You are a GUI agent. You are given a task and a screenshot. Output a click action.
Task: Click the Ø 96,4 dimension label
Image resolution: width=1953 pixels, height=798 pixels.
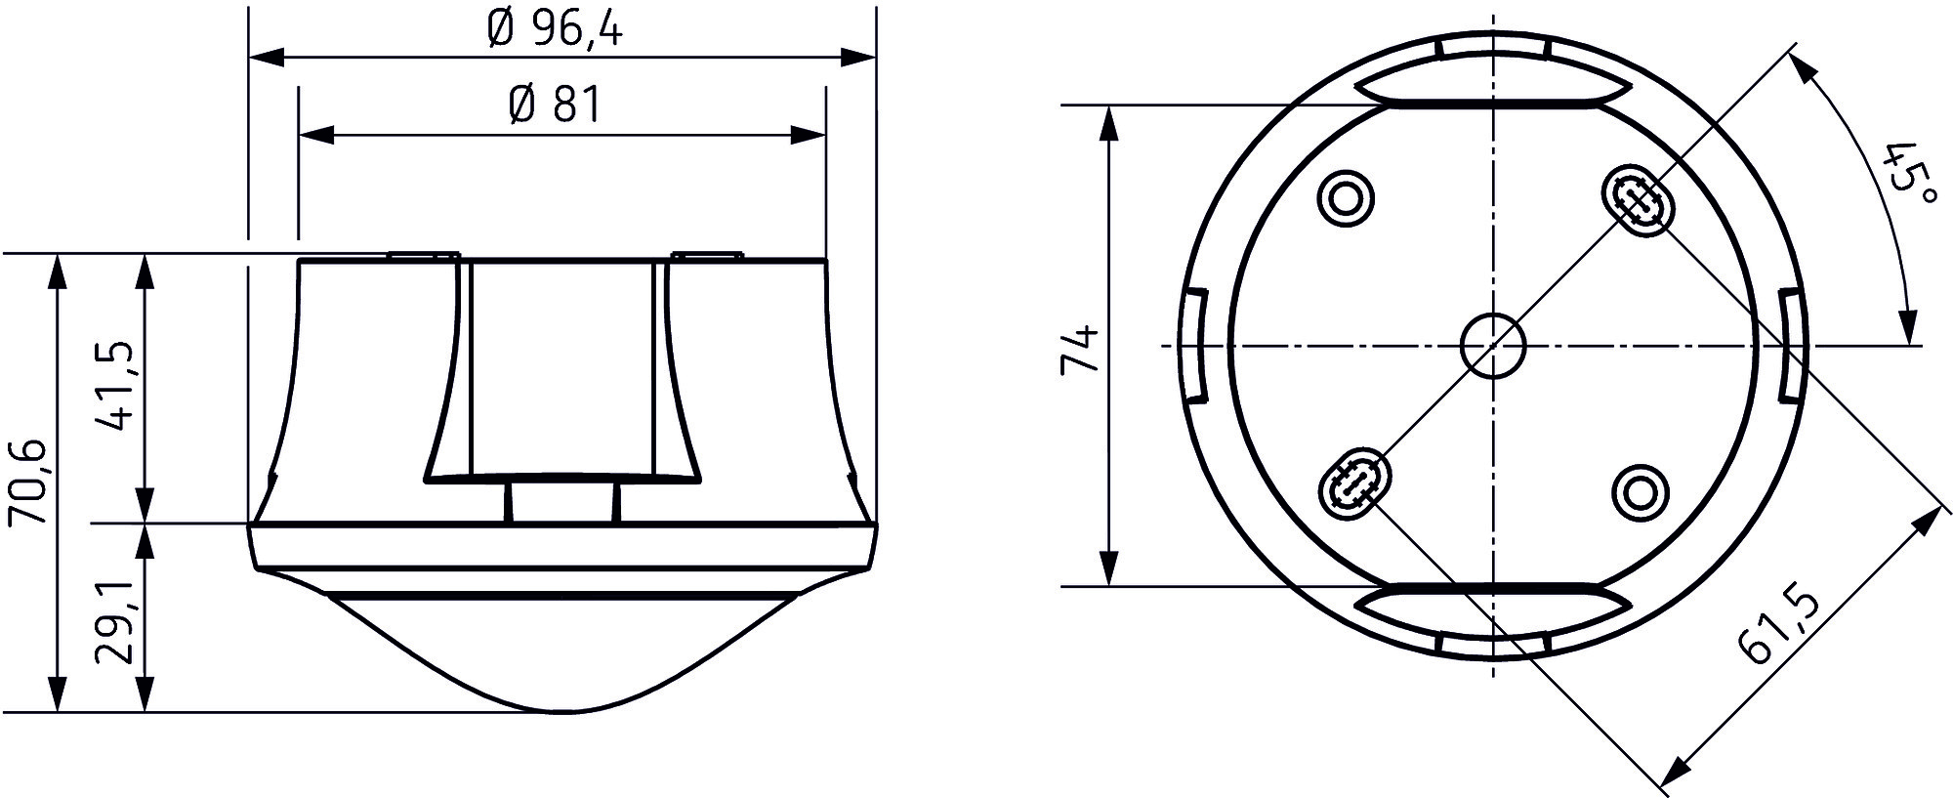pyautogui.click(x=554, y=30)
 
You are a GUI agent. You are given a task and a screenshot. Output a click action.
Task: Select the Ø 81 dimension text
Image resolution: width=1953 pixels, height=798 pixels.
pyautogui.click(x=554, y=105)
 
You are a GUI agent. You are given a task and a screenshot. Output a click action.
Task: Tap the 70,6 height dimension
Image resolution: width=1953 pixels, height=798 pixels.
pyautogui.click(x=28, y=482)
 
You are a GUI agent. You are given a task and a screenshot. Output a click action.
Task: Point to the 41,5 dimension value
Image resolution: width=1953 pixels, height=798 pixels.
pyautogui.click(x=115, y=387)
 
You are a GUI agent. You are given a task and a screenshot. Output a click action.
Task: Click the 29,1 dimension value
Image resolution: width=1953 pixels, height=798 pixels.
pyautogui.click(x=115, y=623)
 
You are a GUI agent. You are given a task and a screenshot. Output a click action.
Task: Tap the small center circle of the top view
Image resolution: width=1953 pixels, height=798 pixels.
pyautogui.click(x=1492, y=346)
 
